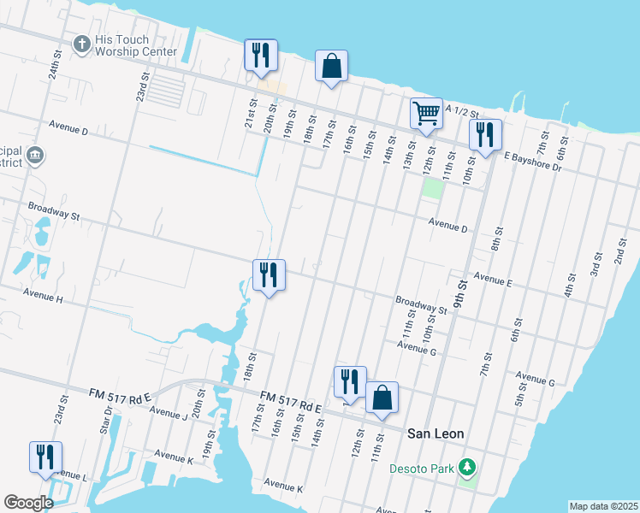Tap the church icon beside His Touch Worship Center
click(82, 44)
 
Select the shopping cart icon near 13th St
click(426, 112)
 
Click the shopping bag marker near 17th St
click(331, 66)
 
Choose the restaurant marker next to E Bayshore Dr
click(485, 134)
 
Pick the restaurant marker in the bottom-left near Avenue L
click(45, 457)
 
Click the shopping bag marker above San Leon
click(382, 398)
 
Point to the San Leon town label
click(436, 433)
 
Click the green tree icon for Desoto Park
click(467, 467)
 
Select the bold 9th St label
click(463, 293)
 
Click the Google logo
click(28, 503)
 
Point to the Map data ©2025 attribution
click(603, 506)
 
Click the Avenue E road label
click(492, 280)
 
